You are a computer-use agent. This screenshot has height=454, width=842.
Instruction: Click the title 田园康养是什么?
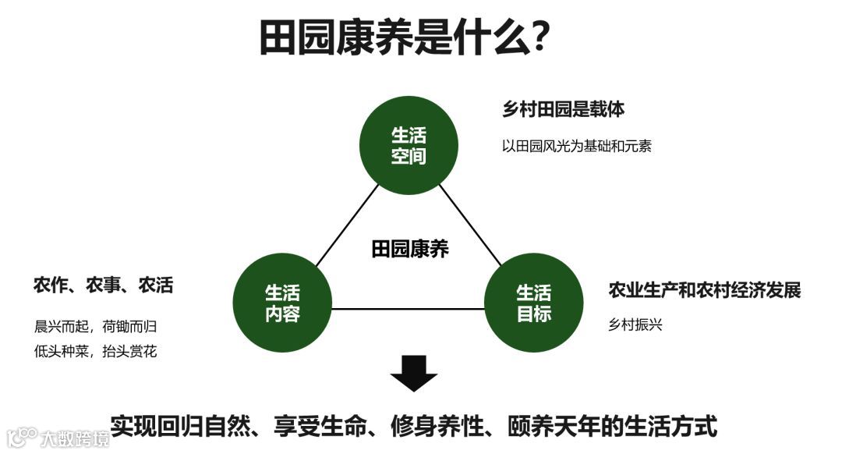(405, 37)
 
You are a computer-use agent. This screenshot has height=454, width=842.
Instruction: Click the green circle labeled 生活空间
(409, 145)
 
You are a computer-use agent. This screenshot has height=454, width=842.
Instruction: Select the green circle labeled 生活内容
(282, 303)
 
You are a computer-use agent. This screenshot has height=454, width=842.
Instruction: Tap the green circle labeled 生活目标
(534, 303)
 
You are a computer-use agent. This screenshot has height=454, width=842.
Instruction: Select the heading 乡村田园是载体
(564, 109)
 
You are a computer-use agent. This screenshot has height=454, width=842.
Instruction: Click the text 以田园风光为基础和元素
(576, 146)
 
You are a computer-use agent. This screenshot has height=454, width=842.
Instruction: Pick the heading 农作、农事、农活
(103, 286)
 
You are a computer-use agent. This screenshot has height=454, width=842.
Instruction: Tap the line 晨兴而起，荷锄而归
(101, 327)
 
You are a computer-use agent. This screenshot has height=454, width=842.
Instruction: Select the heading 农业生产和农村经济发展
(705, 290)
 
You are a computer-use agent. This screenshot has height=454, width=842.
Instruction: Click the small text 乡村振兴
(635, 325)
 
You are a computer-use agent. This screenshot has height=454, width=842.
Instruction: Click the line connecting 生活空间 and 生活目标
(470, 225)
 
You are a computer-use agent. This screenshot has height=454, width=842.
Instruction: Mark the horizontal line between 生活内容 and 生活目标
(408, 308)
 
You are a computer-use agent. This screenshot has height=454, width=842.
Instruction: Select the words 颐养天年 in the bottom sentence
(552, 426)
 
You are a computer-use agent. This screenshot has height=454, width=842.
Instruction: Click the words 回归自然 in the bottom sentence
(214, 426)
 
